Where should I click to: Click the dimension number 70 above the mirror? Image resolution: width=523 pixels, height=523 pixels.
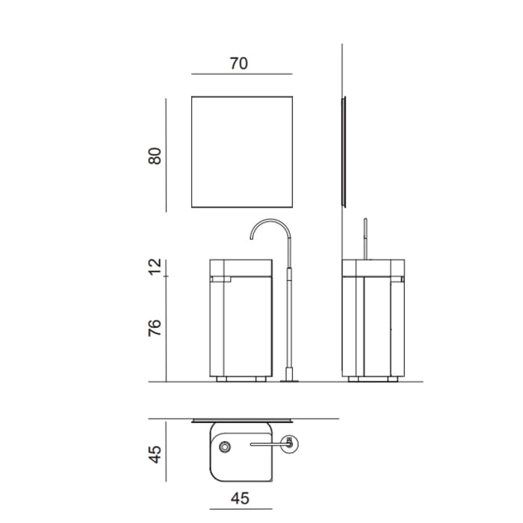click(x=238, y=64)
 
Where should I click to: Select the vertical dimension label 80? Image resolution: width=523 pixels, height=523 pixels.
click(x=155, y=155)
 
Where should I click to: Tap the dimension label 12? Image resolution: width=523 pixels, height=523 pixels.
click(x=155, y=267)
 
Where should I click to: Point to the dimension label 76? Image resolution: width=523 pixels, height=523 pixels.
click(x=155, y=327)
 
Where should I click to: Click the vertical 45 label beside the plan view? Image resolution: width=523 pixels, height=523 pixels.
click(x=155, y=454)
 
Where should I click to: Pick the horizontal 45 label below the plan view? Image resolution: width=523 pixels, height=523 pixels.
click(x=240, y=498)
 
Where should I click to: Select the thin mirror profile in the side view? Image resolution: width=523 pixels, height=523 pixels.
click(x=344, y=152)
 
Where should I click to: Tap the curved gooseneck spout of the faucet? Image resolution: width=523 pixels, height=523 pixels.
click(x=270, y=220)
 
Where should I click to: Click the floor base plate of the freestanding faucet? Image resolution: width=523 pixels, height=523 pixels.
click(x=289, y=380)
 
